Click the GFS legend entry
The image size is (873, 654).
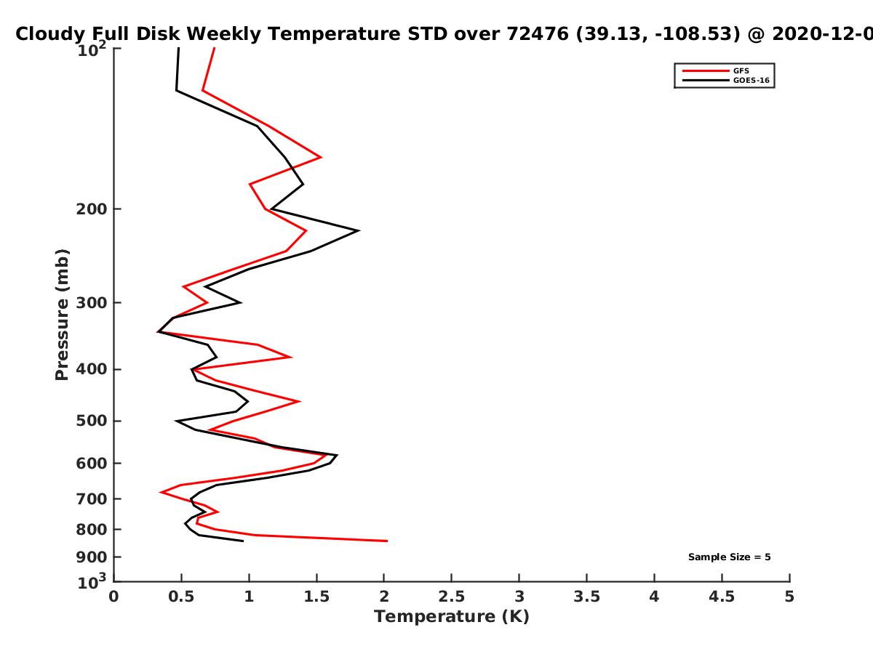(716, 70)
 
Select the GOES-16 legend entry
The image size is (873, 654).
(726, 80)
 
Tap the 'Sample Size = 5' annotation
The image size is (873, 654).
(730, 557)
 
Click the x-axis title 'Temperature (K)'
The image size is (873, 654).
(452, 617)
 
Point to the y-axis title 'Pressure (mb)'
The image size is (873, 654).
(62, 315)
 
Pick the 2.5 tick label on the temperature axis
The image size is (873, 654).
(452, 597)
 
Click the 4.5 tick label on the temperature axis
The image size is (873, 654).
(722, 597)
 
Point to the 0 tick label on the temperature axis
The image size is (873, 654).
(113, 597)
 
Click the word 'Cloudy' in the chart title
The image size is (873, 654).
(49, 34)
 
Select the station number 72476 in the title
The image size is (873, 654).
(538, 34)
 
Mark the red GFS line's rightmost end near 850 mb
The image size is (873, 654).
(387, 541)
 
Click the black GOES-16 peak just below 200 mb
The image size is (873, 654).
(359, 230)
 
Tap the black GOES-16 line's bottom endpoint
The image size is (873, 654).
(243, 541)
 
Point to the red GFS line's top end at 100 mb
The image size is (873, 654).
(215, 48)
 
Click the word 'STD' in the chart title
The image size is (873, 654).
(428, 34)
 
